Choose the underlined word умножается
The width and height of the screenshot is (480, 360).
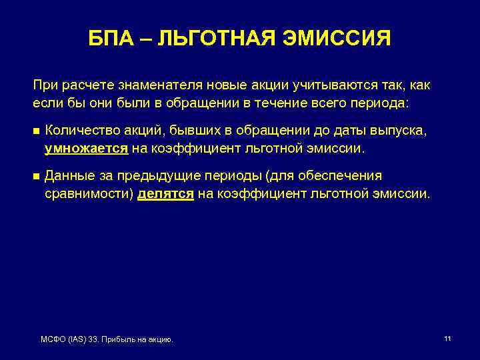point(86,149)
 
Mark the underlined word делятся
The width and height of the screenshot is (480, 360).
point(165,193)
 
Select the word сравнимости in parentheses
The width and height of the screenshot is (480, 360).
point(89,193)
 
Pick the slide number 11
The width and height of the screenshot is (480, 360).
point(447,339)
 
